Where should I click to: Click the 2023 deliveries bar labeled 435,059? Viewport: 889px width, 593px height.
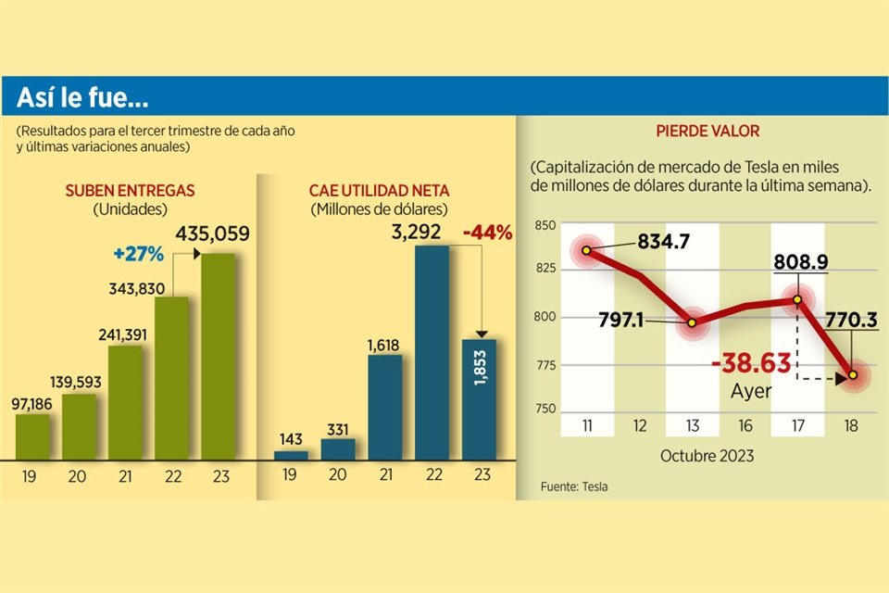(x=218, y=357)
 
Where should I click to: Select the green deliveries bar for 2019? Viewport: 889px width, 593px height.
(x=32, y=436)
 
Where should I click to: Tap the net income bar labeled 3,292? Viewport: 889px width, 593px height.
(x=432, y=353)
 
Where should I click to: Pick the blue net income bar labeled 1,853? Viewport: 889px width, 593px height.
(x=479, y=399)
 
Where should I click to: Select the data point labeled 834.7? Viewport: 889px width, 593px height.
(x=586, y=251)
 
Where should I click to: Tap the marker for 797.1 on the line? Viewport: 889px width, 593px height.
(x=690, y=323)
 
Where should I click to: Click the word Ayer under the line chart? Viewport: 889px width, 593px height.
(x=751, y=390)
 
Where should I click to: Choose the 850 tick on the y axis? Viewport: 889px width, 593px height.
(x=545, y=225)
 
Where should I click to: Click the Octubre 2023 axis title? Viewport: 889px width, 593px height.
(x=707, y=456)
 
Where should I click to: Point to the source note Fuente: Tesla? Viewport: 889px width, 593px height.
(x=574, y=486)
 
